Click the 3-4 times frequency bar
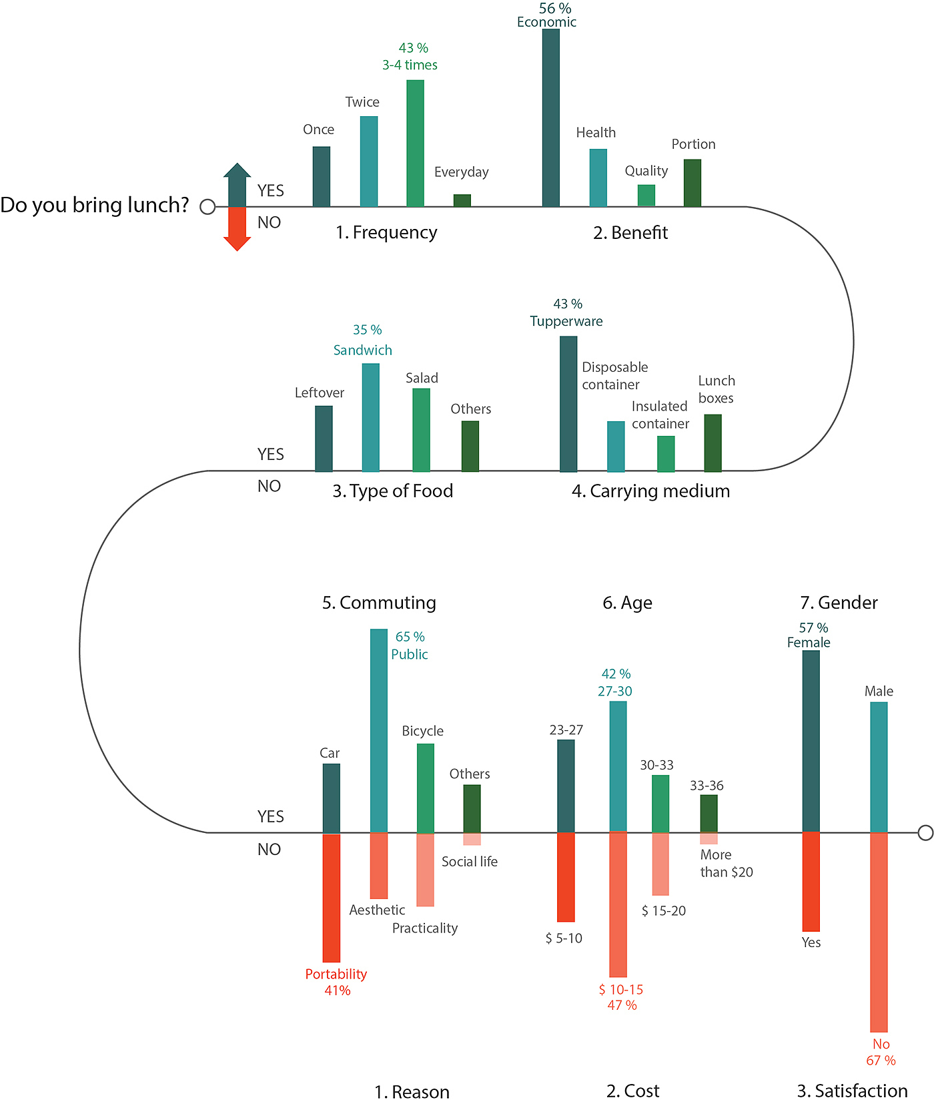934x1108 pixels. (415, 144)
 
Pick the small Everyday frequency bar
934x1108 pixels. (462, 200)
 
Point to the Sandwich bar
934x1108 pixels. (371, 417)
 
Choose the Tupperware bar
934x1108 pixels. (568, 404)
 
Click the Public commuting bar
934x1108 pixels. (379, 730)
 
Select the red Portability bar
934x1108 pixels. (332, 898)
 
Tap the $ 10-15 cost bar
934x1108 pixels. (618, 904)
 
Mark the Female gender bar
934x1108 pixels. (811, 741)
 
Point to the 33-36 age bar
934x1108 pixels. (709, 813)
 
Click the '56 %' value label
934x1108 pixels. (555, 9)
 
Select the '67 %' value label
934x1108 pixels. (881, 1061)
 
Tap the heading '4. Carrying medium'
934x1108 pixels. (650, 491)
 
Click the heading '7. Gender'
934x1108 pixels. (839, 603)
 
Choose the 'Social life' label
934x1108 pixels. (470, 862)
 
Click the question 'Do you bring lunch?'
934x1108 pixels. (95, 205)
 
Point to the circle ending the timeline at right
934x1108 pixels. (925, 832)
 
